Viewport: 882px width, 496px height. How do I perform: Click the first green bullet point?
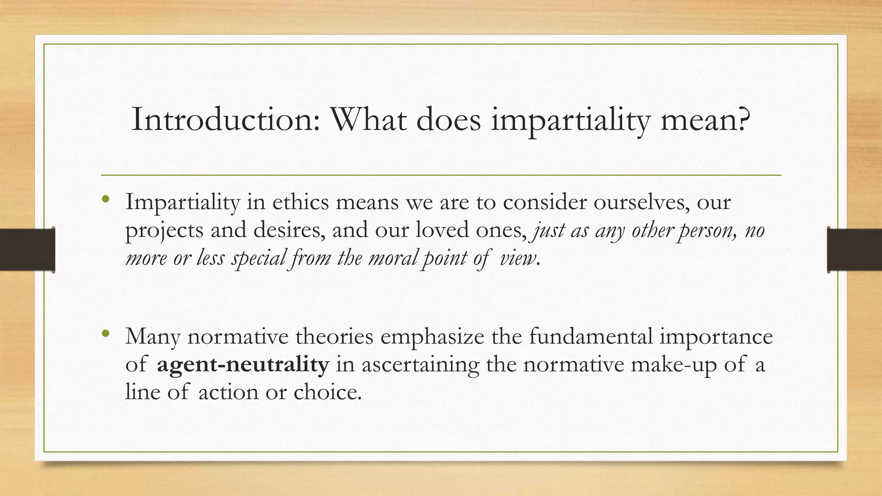click(106, 199)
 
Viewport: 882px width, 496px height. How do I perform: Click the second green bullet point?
click(106, 333)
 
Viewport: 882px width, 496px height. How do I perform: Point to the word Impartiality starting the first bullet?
click(182, 202)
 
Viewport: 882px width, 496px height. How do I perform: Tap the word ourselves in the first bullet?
click(639, 202)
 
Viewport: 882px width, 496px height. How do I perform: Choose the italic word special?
click(259, 258)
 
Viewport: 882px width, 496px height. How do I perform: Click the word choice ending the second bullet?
click(327, 392)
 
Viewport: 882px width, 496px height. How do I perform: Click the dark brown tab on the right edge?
click(854, 250)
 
